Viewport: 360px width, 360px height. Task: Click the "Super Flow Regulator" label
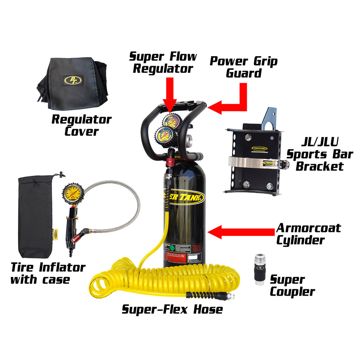(163, 62)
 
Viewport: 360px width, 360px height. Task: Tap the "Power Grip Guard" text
(243, 67)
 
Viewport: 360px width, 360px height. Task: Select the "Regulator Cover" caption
(81, 125)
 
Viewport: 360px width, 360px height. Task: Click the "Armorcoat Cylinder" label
(308, 234)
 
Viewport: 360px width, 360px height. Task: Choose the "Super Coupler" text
(292, 286)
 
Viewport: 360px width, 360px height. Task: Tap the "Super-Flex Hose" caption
(172, 309)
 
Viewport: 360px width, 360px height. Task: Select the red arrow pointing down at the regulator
(170, 93)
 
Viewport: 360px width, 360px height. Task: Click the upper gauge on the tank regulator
(171, 121)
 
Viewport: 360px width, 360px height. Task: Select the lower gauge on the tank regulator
(164, 136)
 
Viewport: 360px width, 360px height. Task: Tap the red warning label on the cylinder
(174, 256)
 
